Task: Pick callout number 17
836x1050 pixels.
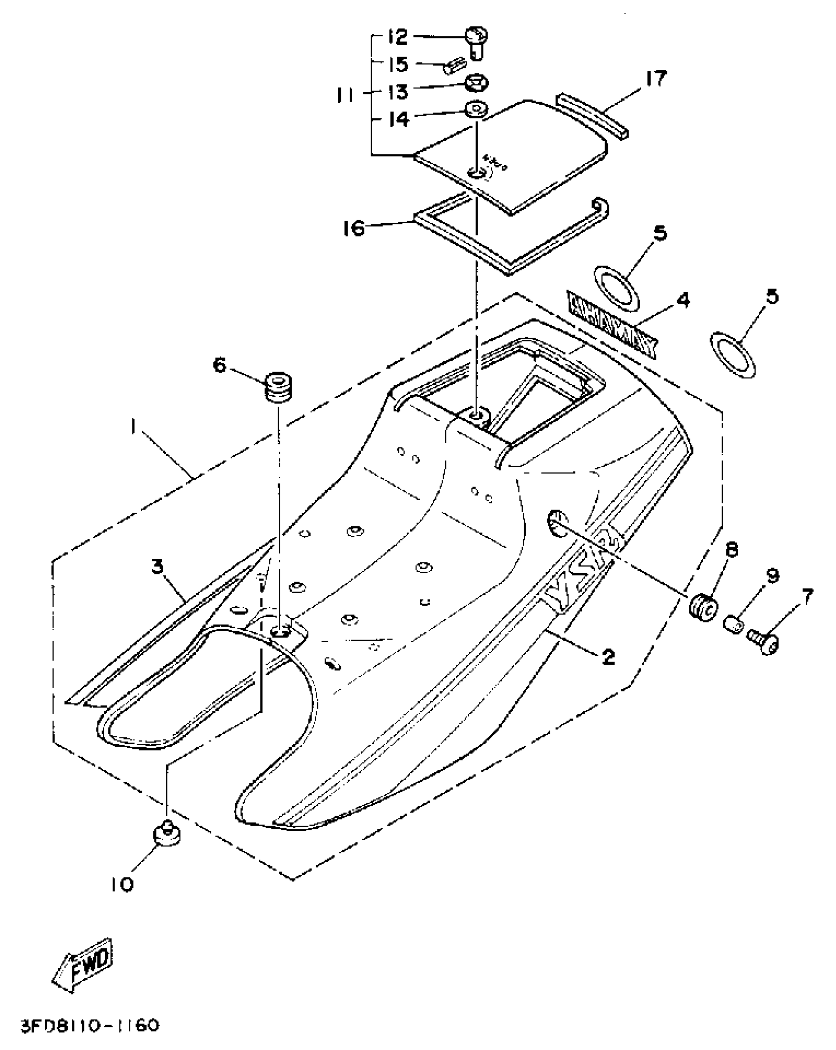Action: coord(656,79)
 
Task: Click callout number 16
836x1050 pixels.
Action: coord(354,228)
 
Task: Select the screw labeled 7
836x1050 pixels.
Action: coord(761,642)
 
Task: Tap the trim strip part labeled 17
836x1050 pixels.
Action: coord(593,116)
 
